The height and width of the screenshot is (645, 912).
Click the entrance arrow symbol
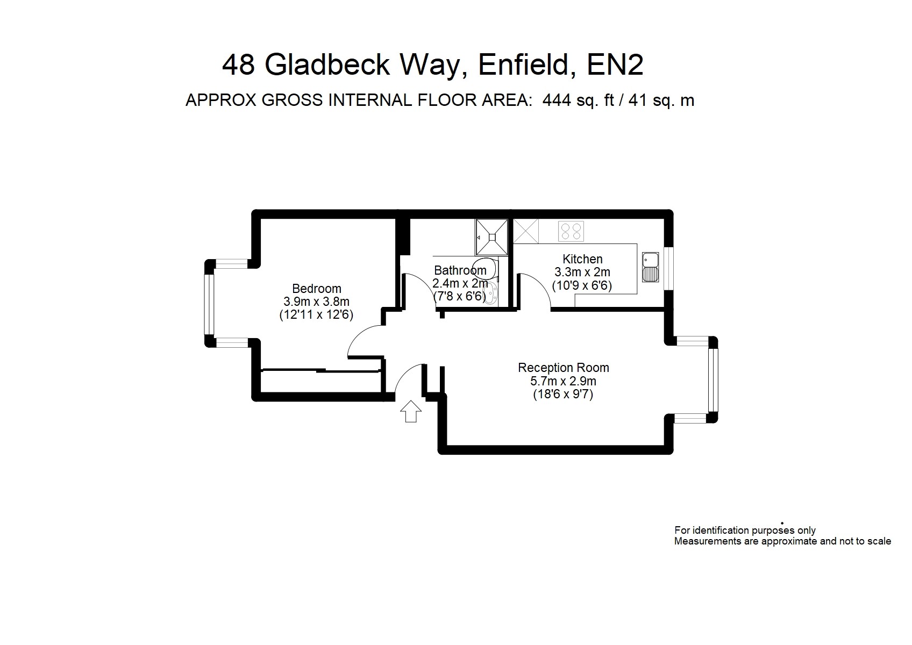[x=410, y=411]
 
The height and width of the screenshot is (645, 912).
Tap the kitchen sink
[x=650, y=267]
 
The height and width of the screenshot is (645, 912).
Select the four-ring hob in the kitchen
[x=571, y=231]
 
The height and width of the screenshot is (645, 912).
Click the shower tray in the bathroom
[x=492, y=237]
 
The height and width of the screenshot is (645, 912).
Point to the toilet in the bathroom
[x=487, y=268]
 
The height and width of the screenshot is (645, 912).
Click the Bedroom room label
[x=317, y=289]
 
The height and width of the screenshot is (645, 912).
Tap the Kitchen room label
[x=582, y=259]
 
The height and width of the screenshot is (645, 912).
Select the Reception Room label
[x=564, y=368]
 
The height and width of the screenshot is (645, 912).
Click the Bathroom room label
[x=460, y=270]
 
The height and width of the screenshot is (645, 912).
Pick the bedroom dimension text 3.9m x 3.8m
[x=316, y=302]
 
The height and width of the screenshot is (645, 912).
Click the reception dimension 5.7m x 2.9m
[x=563, y=381]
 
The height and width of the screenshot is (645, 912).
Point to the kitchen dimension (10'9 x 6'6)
[x=582, y=285]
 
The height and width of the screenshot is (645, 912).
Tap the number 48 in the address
[x=239, y=64]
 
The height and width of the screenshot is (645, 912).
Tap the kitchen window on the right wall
[x=668, y=269]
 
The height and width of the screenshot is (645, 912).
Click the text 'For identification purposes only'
[x=745, y=530]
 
